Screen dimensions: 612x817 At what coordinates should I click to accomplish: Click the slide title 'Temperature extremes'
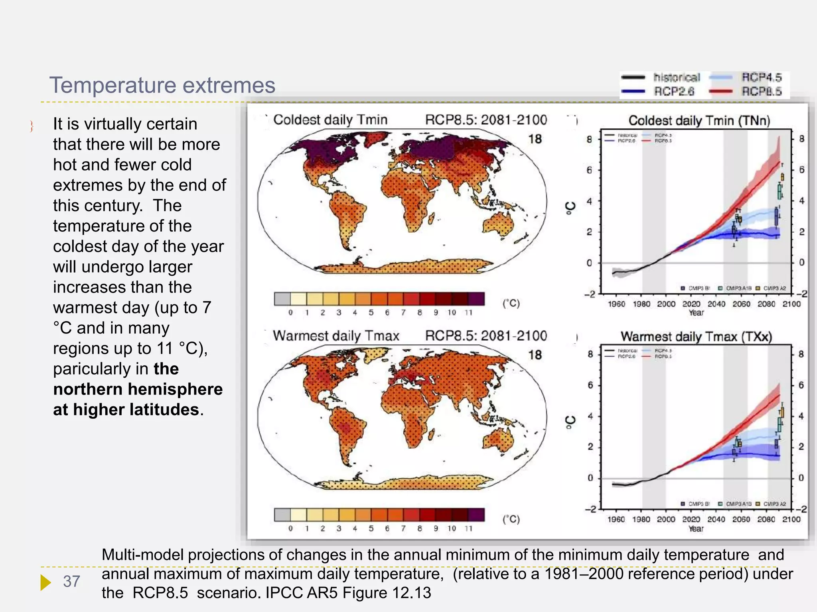pos(162,85)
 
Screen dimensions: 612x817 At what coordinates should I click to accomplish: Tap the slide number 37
pos(72,581)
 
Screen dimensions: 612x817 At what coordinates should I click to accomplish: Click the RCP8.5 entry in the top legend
pos(761,92)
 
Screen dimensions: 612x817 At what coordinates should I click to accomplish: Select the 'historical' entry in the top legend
pos(677,77)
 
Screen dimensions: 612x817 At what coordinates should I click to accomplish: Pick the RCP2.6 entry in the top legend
pos(674,92)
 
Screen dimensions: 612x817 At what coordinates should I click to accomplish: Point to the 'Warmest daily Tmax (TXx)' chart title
pos(696,337)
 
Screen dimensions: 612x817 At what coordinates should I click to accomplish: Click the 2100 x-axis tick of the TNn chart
pos(791,304)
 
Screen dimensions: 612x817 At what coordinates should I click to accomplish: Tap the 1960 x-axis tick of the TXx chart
pos(616,520)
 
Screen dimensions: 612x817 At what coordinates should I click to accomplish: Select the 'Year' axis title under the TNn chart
pos(696,313)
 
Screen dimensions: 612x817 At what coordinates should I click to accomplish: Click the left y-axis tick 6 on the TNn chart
pos(589,171)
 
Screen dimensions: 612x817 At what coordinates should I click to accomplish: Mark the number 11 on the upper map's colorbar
pos(468,313)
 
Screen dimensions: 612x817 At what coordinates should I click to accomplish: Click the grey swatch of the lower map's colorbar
pos(282,515)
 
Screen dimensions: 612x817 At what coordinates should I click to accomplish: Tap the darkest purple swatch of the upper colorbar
pos(476,299)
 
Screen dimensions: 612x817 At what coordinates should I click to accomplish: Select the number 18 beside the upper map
pos(535,139)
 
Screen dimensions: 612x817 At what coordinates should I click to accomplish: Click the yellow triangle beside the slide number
pos(45,582)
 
